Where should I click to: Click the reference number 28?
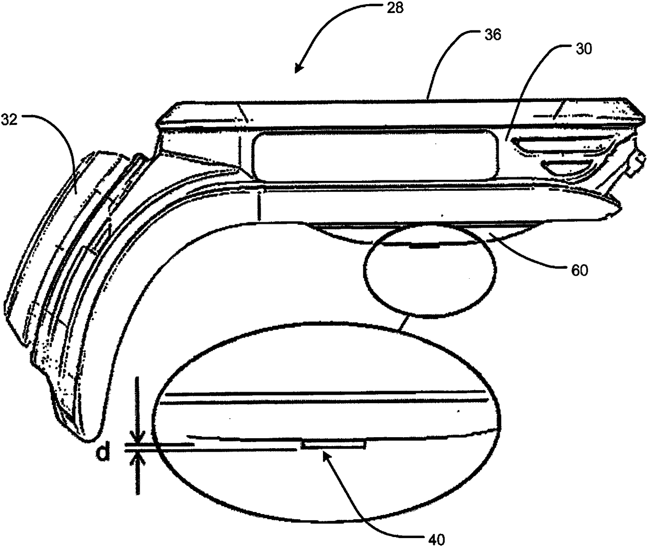[395, 9]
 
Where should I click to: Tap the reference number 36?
[493, 35]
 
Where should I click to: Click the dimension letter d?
[105, 452]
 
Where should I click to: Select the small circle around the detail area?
[430, 275]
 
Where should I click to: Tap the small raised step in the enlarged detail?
[333, 445]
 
